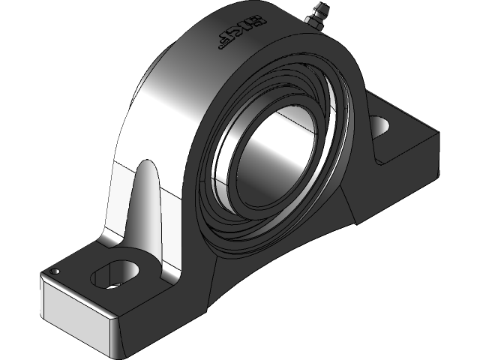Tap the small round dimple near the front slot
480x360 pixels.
pyautogui.click(x=55, y=271)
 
